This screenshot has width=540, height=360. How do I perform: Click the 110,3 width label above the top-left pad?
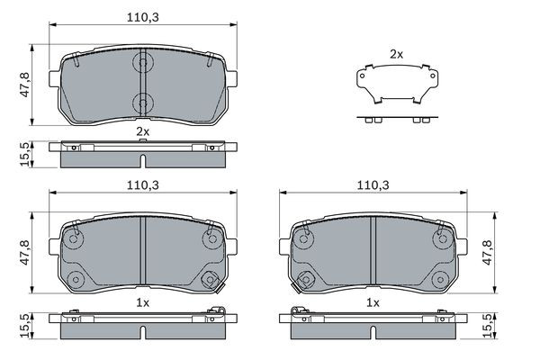click(x=143, y=17)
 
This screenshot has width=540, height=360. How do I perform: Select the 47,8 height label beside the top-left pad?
click(x=25, y=85)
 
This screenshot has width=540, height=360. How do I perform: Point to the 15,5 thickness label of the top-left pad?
click(x=25, y=155)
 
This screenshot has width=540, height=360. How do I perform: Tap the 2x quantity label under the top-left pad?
click(x=143, y=131)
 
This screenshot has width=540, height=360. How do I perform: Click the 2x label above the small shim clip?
click(x=396, y=54)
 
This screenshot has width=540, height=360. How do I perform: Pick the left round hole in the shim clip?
click(x=362, y=76)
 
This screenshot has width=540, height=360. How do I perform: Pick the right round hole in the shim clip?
click(x=433, y=76)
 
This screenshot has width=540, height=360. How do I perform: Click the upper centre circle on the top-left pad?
click(x=143, y=63)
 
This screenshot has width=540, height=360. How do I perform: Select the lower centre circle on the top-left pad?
click(x=143, y=103)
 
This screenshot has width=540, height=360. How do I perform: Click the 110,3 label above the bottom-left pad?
click(x=143, y=185)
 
